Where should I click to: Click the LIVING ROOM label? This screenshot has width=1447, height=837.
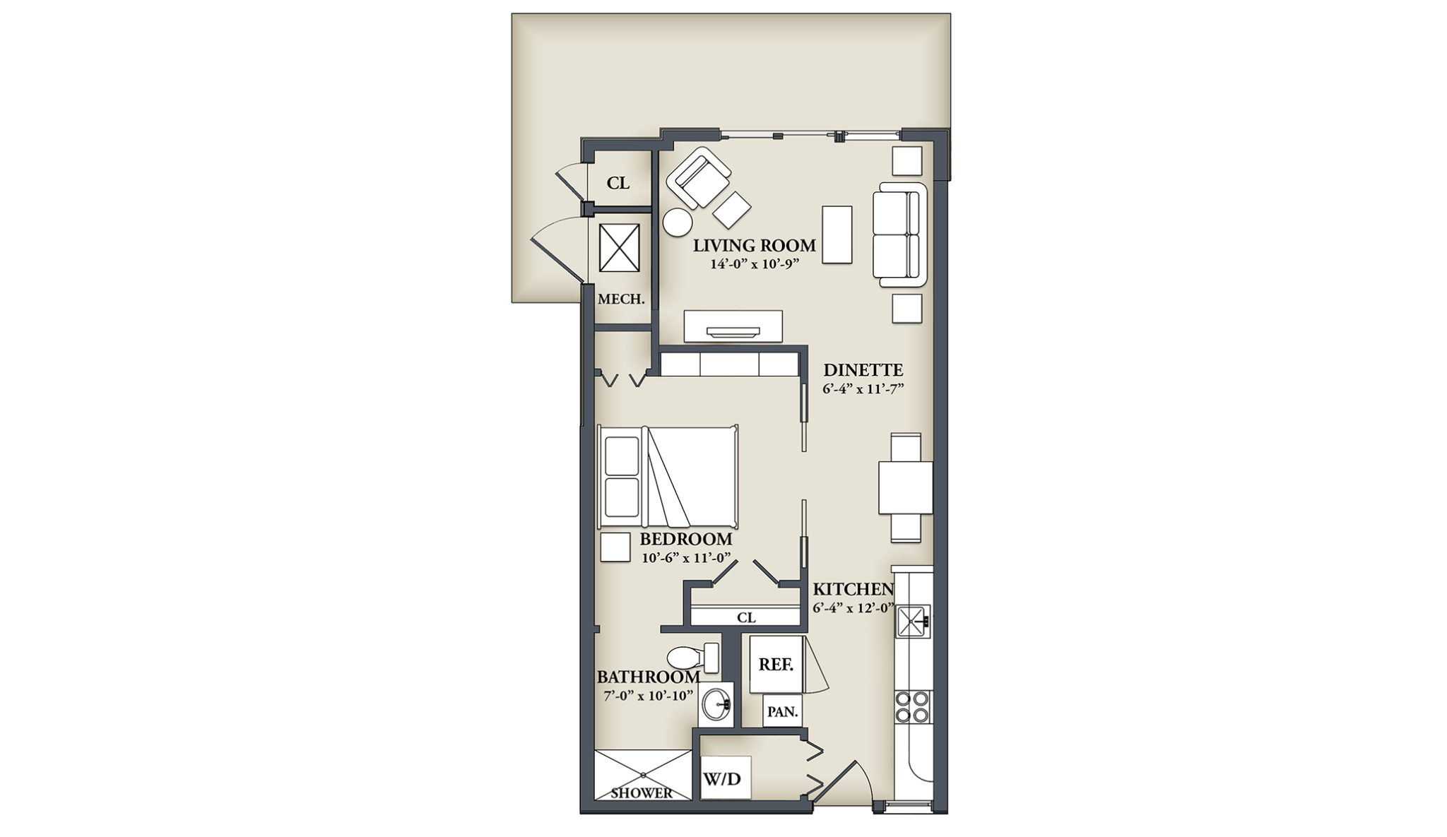tap(754, 246)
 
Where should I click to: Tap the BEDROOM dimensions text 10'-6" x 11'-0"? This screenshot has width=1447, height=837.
tap(685, 557)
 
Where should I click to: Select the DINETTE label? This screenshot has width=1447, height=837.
tap(863, 370)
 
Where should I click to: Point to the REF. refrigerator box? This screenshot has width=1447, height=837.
tap(776, 665)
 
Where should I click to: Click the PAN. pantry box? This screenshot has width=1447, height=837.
tap(782, 711)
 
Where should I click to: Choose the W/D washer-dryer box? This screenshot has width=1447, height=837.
tap(725, 778)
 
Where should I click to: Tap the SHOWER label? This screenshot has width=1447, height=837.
tap(642, 793)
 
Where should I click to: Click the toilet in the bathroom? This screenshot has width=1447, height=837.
tap(692, 658)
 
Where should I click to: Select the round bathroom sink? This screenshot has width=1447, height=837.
tap(716, 704)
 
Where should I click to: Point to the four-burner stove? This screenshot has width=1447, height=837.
tap(912, 706)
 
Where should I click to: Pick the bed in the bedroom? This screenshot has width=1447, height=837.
tap(668, 477)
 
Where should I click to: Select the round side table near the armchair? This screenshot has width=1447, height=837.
tap(678, 222)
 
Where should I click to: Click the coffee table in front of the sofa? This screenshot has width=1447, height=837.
tap(837, 235)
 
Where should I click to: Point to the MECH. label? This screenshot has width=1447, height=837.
tap(621, 299)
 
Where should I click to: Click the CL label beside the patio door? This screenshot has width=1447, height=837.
tap(618, 183)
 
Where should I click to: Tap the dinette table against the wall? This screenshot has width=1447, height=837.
tap(906, 487)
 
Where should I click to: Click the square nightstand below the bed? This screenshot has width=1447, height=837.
tap(615, 547)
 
